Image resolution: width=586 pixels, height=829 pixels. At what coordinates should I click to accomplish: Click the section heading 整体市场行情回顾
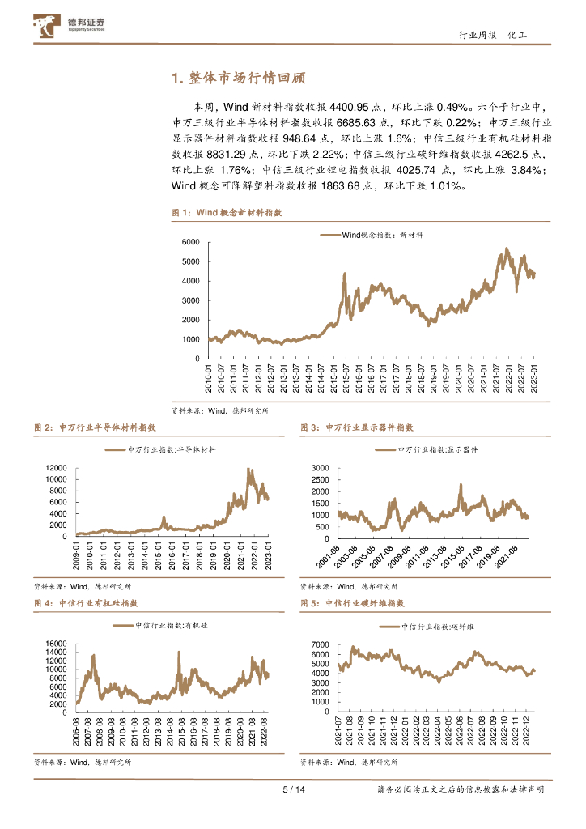pyautogui.click(x=239, y=79)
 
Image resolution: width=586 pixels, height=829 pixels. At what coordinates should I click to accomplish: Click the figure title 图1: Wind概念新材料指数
pyautogui.click(x=227, y=212)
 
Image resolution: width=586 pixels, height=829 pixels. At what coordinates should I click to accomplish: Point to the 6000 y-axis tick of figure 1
pyautogui.click(x=190, y=242)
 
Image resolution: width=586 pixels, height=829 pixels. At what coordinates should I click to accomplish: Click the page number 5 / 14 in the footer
pyautogui.click(x=292, y=790)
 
